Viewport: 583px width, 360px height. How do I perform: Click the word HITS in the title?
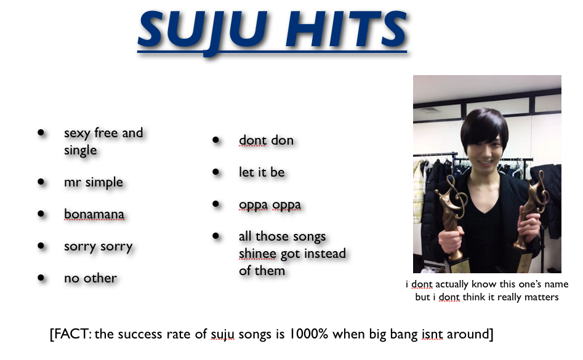(x=346, y=29)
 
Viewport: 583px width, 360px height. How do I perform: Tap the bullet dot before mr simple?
(x=41, y=182)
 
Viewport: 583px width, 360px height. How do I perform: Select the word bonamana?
(x=94, y=214)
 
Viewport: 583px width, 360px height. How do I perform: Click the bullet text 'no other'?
(x=90, y=278)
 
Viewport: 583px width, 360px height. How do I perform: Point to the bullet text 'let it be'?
(x=262, y=172)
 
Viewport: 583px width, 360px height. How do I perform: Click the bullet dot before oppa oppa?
(x=215, y=204)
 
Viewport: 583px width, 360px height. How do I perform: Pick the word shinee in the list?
(x=258, y=254)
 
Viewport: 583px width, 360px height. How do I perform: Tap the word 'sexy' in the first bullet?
(x=77, y=134)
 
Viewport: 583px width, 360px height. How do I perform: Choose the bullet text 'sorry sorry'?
(x=98, y=247)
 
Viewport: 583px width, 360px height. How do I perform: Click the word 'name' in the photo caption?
(x=557, y=284)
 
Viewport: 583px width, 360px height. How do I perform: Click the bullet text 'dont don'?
(x=266, y=140)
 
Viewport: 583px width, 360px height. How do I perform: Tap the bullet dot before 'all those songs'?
(x=215, y=236)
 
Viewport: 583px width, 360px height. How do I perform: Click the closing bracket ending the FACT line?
(x=491, y=334)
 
